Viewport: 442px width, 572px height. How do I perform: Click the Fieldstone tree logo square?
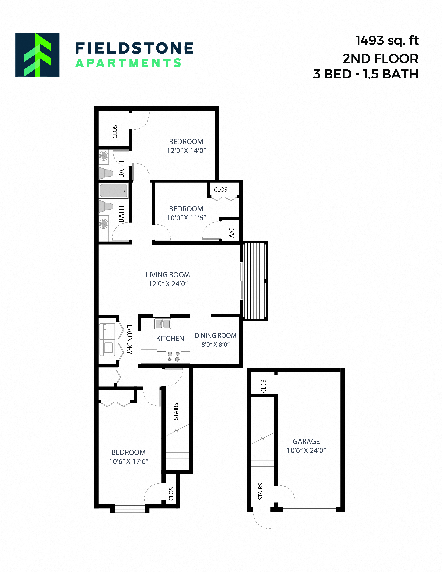[x=37, y=54]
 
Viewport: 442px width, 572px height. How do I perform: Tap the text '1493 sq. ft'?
[x=387, y=41]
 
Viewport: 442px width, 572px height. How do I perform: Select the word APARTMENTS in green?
[x=128, y=63]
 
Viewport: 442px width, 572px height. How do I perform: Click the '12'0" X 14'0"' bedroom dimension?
[x=186, y=151]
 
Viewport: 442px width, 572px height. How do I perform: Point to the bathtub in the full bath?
[x=113, y=190]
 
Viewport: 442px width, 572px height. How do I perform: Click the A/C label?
[x=231, y=233]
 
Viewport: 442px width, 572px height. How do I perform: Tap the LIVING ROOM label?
[x=168, y=275]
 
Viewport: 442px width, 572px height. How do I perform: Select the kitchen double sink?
[x=163, y=324]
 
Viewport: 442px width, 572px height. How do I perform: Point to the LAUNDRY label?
[x=130, y=340]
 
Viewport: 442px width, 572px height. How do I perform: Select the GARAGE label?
[x=306, y=442]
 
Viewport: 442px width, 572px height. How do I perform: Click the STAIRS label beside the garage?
[x=260, y=492]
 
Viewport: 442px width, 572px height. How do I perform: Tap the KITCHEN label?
[x=170, y=339]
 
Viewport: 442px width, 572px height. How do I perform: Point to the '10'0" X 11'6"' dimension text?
[x=186, y=218]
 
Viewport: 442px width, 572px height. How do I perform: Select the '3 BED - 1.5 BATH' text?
[x=366, y=74]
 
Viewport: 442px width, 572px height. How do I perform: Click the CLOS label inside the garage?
[x=263, y=386]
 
